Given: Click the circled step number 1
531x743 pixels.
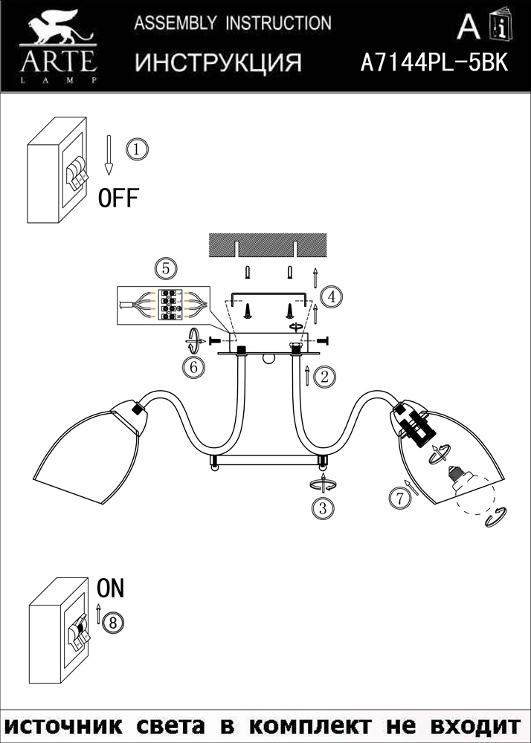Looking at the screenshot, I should point(137,149).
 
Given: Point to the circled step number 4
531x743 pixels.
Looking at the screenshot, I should point(332,296).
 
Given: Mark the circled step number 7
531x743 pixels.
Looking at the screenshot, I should point(400,499).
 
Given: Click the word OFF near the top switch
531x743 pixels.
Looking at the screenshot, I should point(119,198).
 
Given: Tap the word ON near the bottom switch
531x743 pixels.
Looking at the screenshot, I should point(111,588).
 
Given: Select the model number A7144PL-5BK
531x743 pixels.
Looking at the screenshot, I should point(434,63).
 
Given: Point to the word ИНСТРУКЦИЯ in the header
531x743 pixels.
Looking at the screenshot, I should point(218,63).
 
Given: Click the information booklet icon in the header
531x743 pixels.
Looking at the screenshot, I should point(499,27).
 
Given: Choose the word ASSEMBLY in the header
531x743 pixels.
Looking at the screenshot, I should point(166,24).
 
